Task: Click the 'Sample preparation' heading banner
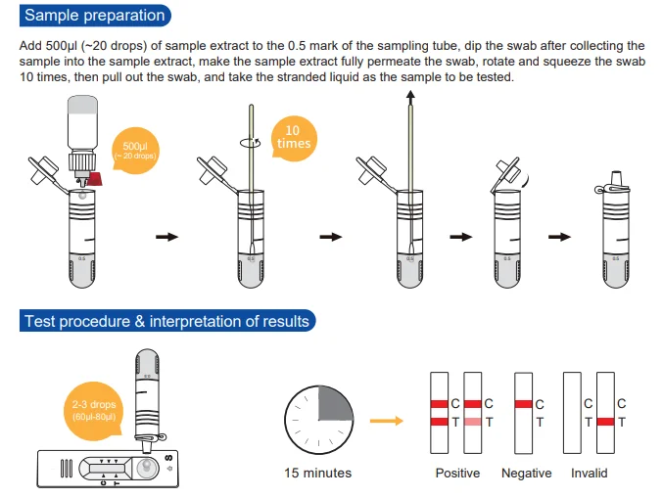point(95,16)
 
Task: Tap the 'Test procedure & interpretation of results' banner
point(167,321)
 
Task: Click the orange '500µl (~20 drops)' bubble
point(135,151)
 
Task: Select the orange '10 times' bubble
point(294,138)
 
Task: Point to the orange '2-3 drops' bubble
point(93,410)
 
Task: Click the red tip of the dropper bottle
point(96,179)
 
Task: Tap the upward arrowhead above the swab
point(410,95)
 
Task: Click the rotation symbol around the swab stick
point(251,143)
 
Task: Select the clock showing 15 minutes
point(318,420)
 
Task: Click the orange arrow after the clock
point(387,421)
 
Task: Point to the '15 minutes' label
point(317,473)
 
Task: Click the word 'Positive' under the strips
point(457,473)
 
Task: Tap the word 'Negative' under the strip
point(527,473)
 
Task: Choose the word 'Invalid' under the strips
point(589,473)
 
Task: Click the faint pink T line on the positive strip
point(473,422)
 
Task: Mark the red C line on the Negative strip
point(524,404)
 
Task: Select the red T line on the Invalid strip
point(605,422)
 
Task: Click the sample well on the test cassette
point(146,468)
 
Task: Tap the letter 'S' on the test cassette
point(168,458)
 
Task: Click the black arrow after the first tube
point(167,237)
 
